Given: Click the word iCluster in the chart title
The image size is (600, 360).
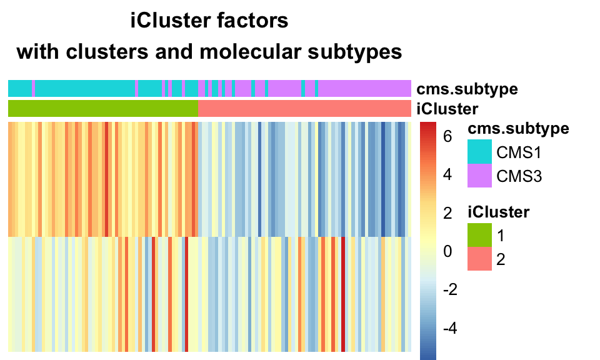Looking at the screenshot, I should [x=167, y=21].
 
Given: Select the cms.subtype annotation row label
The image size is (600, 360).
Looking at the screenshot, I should [x=467, y=89].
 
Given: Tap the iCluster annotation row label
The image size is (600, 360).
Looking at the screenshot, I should [x=447, y=109].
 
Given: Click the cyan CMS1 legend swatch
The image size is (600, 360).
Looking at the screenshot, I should [x=479, y=152].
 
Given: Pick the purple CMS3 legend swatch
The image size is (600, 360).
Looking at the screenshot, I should [x=479, y=176].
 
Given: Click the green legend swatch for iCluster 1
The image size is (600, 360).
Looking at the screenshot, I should [x=479, y=236].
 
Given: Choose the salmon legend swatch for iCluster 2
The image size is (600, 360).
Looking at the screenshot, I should [x=479, y=259].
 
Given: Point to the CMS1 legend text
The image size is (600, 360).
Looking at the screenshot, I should [x=518, y=152].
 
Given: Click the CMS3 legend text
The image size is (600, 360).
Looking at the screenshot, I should [x=518, y=177].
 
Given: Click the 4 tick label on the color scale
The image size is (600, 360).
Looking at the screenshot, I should [x=447, y=174].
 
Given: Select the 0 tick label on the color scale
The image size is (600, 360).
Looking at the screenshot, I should [x=447, y=251].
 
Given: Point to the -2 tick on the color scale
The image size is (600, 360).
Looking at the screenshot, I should [x=450, y=290].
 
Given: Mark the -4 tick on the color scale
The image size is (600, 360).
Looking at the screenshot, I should [x=450, y=329].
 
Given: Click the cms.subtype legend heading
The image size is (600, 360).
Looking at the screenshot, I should [x=518, y=129].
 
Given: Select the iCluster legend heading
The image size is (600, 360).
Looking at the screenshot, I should [x=499, y=212].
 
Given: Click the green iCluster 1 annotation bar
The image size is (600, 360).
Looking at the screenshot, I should [x=103, y=109].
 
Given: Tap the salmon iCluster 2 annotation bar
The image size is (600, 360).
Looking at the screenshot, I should [x=304, y=109].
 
